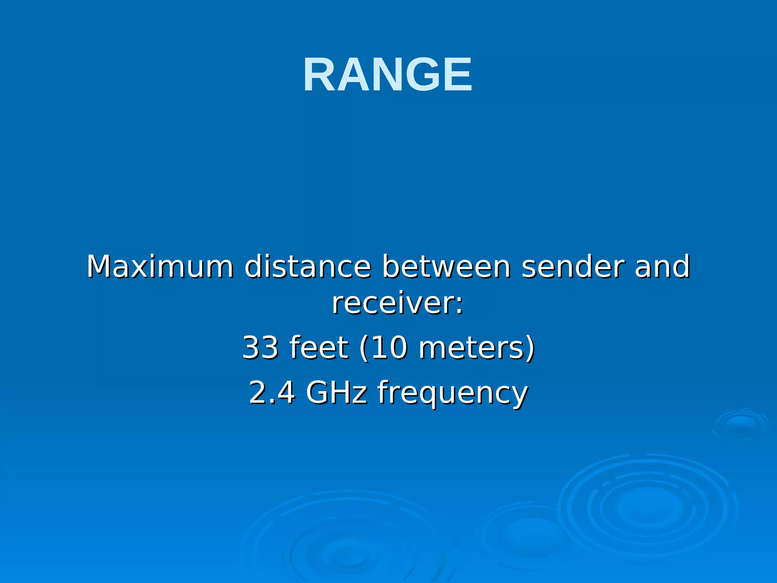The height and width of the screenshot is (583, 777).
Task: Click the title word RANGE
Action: [388, 74]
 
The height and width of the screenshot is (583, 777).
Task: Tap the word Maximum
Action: [160, 266]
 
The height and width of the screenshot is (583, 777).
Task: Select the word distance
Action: [307, 266]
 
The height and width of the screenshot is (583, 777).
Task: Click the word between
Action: [446, 266]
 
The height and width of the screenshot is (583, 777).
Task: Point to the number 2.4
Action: [272, 392]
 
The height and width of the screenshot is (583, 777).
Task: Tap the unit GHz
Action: [337, 392]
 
